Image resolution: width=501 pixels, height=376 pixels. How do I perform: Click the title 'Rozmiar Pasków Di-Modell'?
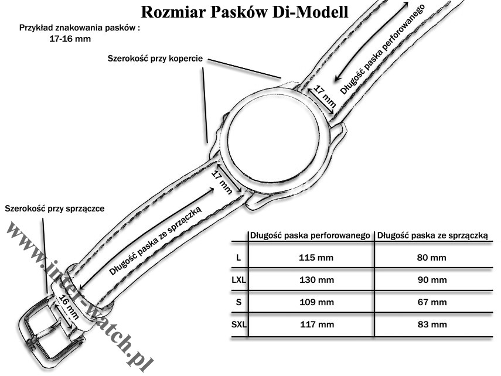[x=244, y=12]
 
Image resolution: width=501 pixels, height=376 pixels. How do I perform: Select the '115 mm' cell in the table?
[x=316, y=258]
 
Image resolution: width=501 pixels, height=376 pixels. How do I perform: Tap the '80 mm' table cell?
[x=431, y=258]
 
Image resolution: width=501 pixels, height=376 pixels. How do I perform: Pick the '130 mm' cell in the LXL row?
[x=316, y=280]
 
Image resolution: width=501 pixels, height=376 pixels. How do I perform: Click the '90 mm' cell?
[x=432, y=280]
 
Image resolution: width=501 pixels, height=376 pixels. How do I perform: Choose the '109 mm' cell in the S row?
[x=316, y=302]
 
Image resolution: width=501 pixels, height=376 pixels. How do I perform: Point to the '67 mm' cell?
[x=432, y=302]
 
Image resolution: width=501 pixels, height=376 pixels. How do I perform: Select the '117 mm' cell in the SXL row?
[x=317, y=324]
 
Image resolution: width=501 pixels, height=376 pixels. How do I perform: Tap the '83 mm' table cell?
[x=432, y=324]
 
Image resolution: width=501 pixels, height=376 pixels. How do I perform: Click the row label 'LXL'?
[x=238, y=280]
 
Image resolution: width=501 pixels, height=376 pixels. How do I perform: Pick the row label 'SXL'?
[x=239, y=324]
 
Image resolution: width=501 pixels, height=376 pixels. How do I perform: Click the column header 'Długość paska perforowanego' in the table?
[x=310, y=236]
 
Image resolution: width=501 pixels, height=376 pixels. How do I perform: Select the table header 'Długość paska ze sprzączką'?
[x=432, y=236]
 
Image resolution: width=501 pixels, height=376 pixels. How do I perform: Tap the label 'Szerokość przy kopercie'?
[x=155, y=59]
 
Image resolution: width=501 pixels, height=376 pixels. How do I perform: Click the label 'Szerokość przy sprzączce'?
[x=54, y=208]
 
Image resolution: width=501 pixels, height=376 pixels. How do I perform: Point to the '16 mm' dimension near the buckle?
[x=69, y=307]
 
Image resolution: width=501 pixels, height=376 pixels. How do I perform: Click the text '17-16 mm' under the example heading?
[x=70, y=39]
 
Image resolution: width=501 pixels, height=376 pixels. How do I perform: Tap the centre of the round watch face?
[x=274, y=139]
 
